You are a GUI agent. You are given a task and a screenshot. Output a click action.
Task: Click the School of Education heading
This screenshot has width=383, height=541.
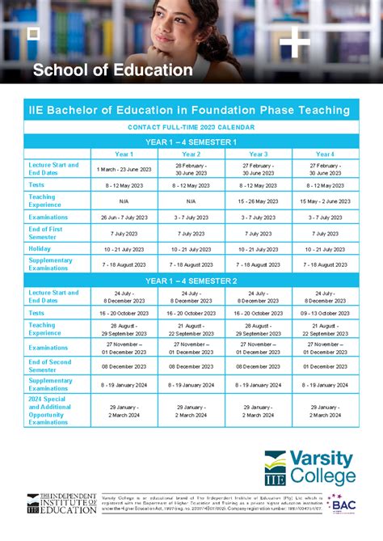[x=112, y=70]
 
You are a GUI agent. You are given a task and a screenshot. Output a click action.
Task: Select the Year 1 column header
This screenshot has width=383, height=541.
[x=124, y=154]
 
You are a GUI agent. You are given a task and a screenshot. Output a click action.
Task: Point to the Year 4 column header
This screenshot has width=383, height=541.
[x=325, y=154]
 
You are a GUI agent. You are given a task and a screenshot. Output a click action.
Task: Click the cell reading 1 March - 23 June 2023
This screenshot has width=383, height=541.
[x=124, y=169]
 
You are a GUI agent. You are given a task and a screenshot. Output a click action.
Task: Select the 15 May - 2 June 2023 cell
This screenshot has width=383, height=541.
[x=325, y=201]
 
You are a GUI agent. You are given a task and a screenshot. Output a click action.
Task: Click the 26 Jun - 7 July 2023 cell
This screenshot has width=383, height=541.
[x=124, y=217]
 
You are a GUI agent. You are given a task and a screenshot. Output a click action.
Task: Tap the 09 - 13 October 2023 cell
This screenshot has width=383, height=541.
[x=325, y=312]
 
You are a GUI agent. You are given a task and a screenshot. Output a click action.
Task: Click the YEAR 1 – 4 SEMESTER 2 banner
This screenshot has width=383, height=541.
[x=191, y=281]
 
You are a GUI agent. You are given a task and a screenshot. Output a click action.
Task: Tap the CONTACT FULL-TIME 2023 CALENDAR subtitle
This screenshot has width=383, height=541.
[x=191, y=128]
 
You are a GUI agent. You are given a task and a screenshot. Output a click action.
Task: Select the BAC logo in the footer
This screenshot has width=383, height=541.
[x=342, y=505]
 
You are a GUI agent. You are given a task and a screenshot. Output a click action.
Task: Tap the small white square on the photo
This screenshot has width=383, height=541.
[x=33, y=33]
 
